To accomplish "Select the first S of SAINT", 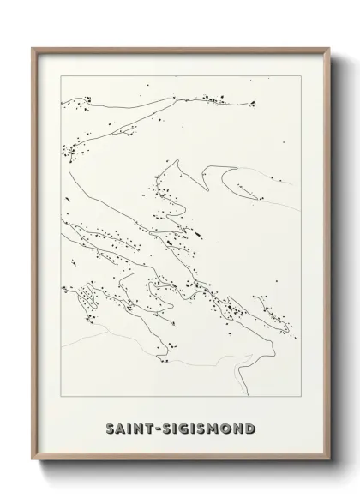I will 109,427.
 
